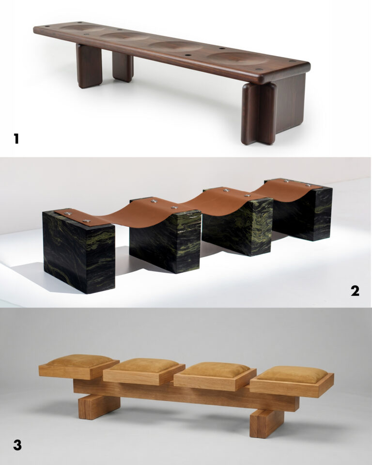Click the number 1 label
pyautogui.click(x=16, y=139)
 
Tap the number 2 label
pyautogui.click(x=355, y=291)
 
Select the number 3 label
pyautogui.click(x=17, y=445)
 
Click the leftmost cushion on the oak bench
pyautogui.click(x=79, y=360)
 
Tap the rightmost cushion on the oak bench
pyautogui.click(x=292, y=374)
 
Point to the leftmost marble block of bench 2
pyautogui.click(x=79, y=251)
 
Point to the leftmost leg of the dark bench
pyautogui.click(x=89, y=66)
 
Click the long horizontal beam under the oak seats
pyautogui.click(x=186, y=394)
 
